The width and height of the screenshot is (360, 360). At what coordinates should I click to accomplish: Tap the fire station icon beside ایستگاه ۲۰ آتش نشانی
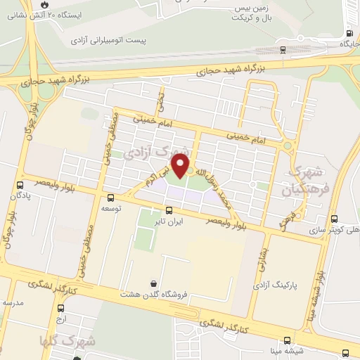45,4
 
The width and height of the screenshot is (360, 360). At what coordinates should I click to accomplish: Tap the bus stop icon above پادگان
19,186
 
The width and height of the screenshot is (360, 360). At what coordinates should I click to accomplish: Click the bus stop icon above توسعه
110,198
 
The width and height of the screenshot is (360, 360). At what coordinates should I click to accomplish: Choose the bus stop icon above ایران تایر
168,210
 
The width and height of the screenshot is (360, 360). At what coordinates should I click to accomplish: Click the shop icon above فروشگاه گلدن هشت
153,283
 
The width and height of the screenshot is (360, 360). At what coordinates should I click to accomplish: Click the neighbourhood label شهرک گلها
77,341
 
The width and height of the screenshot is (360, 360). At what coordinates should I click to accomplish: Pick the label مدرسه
13,302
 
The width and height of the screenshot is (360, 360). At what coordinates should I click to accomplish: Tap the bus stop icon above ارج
61,308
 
